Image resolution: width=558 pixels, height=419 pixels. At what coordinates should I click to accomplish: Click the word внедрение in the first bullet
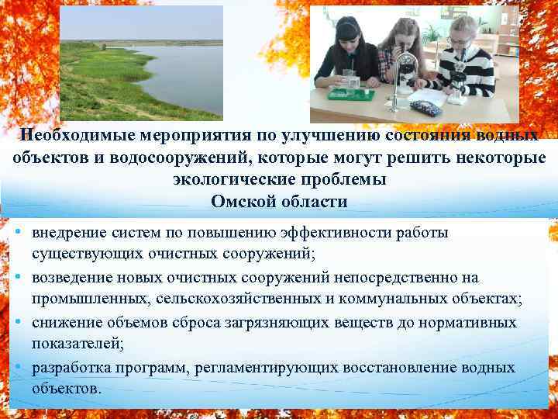coord(65,233)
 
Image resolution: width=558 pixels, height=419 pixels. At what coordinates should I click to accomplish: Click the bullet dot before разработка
coord(17,366)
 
